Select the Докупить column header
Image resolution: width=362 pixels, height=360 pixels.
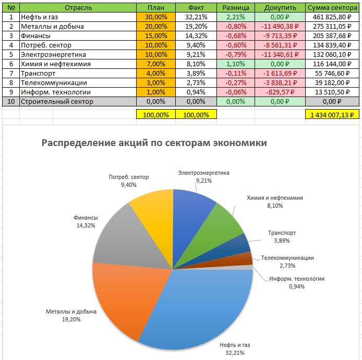(280, 7)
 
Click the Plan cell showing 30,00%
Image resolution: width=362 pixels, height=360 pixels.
(156, 17)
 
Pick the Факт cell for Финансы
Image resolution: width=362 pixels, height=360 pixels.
(196, 35)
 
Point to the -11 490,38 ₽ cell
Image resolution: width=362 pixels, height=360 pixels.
(280, 26)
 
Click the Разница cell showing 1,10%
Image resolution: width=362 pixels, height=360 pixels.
(236, 64)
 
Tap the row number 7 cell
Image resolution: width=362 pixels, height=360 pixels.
(10, 73)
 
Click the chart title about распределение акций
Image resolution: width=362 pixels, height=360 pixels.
(154, 143)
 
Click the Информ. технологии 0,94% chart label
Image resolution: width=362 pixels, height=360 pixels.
(296, 282)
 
